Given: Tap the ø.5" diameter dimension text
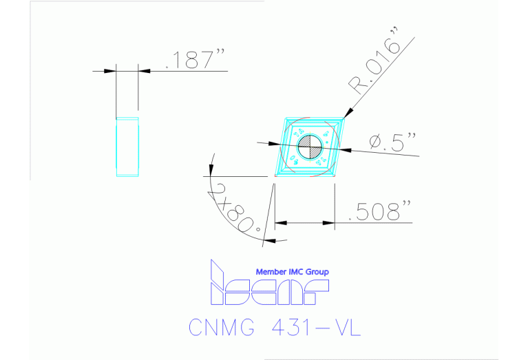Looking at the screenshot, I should (x=393, y=142).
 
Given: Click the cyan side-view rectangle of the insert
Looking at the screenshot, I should (x=127, y=147).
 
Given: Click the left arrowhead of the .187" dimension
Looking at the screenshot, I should (x=110, y=70).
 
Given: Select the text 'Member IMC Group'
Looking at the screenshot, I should (x=292, y=272).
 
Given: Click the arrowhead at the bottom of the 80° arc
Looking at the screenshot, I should (x=269, y=240).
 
